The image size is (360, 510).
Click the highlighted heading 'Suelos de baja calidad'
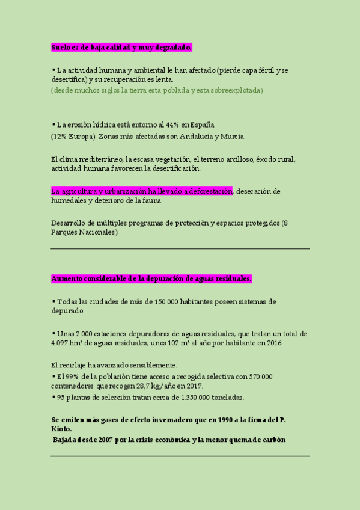pyautogui.click(x=121, y=46)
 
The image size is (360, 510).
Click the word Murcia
pyautogui.click(x=231, y=137)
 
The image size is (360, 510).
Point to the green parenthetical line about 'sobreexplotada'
pyautogui.click(x=157, y=90)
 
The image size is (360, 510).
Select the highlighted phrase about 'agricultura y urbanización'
pyautogui.click(x=141, y=191)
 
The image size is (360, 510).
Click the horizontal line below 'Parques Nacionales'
pyautogui.click(x=180, y=248)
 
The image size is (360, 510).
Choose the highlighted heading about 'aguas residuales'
pyautogui.click(x=151, y=278)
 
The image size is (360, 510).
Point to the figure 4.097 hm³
pyautogui.click(x=67, y=343)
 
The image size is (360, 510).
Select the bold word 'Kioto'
pyautogui.click(x=61, y=429)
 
